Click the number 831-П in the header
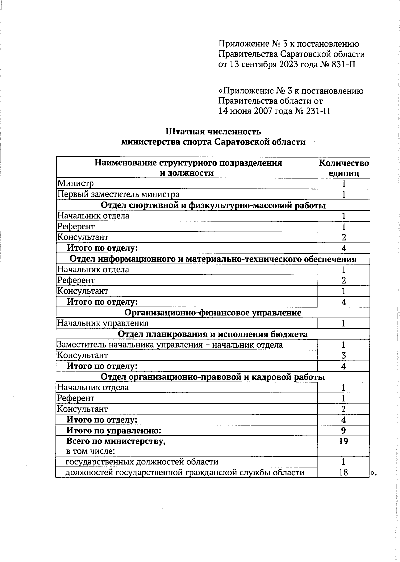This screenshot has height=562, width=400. pyautogui.click(x=344, y=64)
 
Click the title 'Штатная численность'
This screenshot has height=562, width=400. pyautogui.click(x=213, y=132)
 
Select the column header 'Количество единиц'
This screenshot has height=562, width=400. pyautogui.click(x=344, y=168)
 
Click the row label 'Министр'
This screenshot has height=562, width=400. pyautogui.click(x=76, y=183)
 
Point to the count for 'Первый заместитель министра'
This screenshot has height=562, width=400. pyautogui.click(x=344, y=194)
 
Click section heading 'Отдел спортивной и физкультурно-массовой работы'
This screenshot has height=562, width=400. pyautogui.click(x=213, y=205)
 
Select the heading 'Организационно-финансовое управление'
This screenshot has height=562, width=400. pyautogui.click(x=213, y=313)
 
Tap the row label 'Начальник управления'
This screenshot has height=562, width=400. pyautogui.click(x=103, y=323)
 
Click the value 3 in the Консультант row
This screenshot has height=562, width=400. pyautogui.click(x=344, y=355)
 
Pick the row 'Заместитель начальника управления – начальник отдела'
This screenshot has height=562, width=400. pyautogui.click(x=170, y=345)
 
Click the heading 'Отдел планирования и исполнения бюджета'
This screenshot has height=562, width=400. pyautogui.click(x=213, y=334)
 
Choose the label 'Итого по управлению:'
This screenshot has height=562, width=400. pyautogui.click(x=114, y=431)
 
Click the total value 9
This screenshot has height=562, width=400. pyautogui.click(x=344, y=431)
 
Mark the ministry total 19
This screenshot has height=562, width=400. pyautogui.click(x=344, y=441)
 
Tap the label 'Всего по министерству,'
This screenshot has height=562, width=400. pyautogui.click(x=116, y=441)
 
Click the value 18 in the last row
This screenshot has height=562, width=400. pyautogui.click(x=344, y=472)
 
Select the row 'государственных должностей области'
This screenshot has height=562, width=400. pyautogui.click(x=142, y=462)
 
